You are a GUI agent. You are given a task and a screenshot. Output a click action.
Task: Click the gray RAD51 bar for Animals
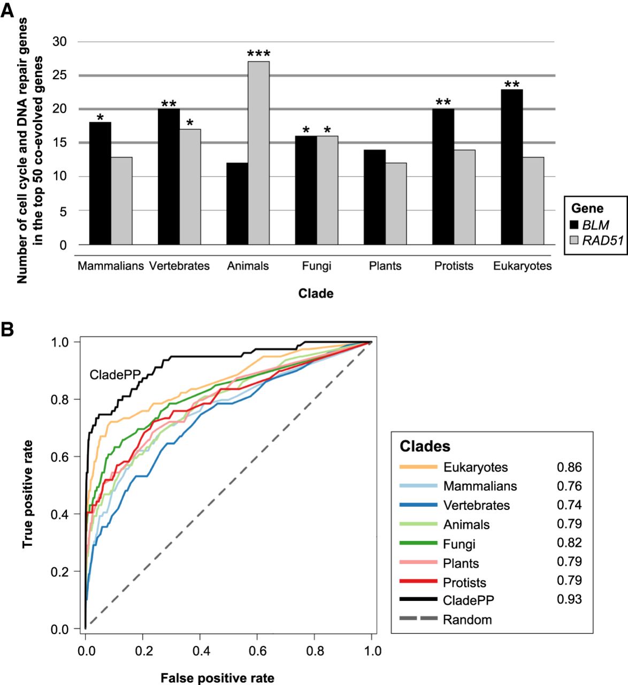point(258,153)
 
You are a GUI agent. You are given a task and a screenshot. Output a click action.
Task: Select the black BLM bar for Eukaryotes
point(512,167)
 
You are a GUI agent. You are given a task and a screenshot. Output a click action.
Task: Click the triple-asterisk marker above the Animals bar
point(258,54)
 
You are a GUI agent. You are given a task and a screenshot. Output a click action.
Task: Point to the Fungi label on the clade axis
point(316,266)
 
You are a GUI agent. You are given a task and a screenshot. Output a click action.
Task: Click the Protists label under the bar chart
point(454,266)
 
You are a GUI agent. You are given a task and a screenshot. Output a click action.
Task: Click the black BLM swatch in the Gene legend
point(576,225)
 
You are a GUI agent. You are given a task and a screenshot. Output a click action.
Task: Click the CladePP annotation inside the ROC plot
point(114,374)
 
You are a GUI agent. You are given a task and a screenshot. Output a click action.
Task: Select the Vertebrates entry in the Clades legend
point(476,505)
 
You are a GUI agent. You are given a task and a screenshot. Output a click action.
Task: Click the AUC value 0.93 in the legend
point(569,599)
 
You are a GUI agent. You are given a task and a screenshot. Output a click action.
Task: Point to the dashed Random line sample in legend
point(418,620)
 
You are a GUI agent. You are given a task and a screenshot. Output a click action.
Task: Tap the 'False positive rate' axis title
point(217,679)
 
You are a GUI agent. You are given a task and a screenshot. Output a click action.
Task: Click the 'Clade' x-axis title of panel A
point(316,294)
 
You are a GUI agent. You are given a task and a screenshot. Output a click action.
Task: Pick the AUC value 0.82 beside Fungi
point(569,543)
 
